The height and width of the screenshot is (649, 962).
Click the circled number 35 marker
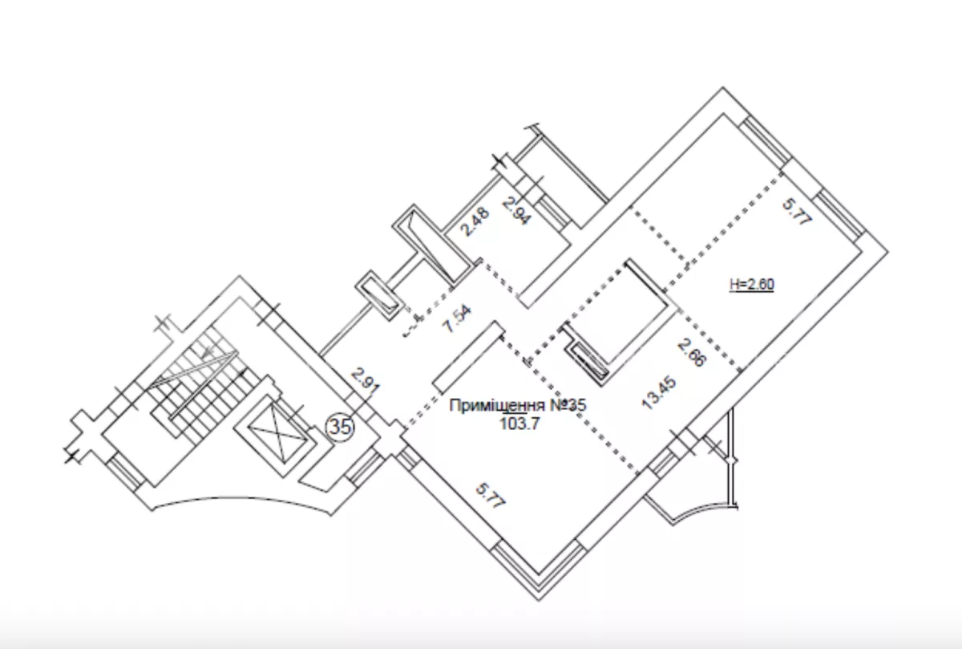tap(341, 428)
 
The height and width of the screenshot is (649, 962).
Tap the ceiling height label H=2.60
tap(752, 285)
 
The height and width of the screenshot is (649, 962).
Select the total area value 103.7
tap(519, 424)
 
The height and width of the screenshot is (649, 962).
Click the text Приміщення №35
tap(518, 405)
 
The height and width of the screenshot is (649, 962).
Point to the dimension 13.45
tap(659, 392)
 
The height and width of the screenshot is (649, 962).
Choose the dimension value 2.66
tap(692, 352)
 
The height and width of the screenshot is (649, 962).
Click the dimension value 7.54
tap(459, 318)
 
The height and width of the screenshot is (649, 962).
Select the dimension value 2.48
tap(475, 221)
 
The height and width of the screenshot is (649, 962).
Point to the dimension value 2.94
tap(517, 211)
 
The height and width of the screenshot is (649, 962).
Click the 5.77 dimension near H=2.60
tap(797, 211)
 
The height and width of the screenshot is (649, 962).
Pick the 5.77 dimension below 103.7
tap(491, 496)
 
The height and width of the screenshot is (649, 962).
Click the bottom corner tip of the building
tap(539, 600)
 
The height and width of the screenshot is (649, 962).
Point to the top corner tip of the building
tap(723, 87)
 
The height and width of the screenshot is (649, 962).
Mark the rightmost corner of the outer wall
tap(887, 251)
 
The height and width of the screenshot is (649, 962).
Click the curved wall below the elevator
tap(242, 500)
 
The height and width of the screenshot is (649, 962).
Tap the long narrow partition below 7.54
tap(468, 357)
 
